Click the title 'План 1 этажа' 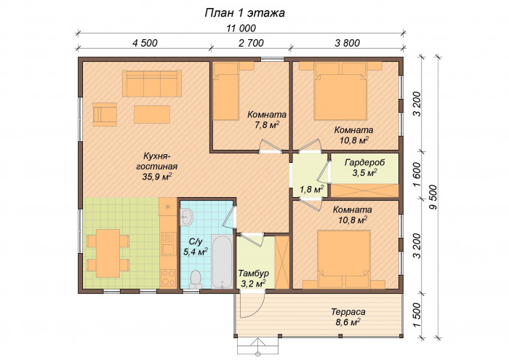coord(245,12)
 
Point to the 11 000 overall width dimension coord(241,28)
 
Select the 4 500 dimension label coord(145,43)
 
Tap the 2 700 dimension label coord(251,43)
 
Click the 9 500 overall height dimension coord(433,198)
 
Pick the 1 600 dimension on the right coord(417,175)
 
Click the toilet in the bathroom coord(196,279)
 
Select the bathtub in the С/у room coord(222,261)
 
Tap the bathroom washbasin coord(187,217)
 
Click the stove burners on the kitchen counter coord(168,278)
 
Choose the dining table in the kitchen coord(108,253)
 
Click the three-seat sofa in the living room coord(151,84)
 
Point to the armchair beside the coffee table coord(105,115)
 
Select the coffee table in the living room coord(152,114)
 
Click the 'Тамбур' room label coord(254,273)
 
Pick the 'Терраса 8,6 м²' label coord(348,317)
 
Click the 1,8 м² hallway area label coord(311,189)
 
